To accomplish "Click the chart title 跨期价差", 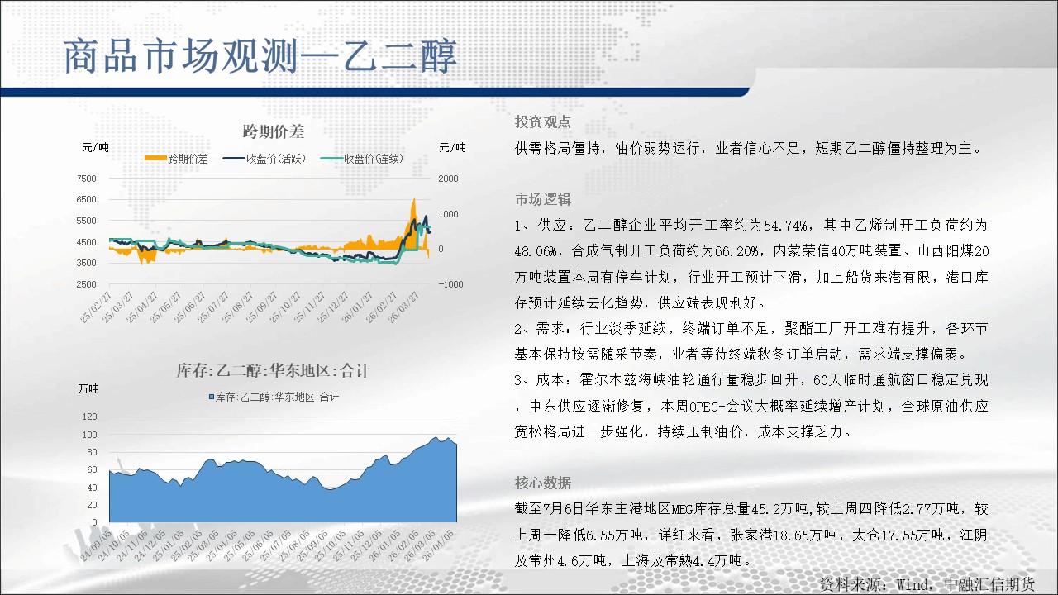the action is (x=274, y=131).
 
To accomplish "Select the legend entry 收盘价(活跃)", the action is (x=264, y=159).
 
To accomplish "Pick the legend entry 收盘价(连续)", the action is (x=362, y=159).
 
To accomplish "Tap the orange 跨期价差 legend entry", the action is (x=176, y=159).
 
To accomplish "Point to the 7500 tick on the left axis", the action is (x=86, y=178).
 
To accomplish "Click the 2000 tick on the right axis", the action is (x=448, y=178).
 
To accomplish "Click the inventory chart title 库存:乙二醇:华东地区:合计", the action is (x=273, y=371).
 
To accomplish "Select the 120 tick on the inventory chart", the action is (x=89, y=416).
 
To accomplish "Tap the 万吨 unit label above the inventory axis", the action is (x=88, y=388).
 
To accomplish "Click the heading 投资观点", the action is (x=543, y=121).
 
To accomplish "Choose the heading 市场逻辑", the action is (x=543, y=199).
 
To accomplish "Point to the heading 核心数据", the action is (x=543, y=483).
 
